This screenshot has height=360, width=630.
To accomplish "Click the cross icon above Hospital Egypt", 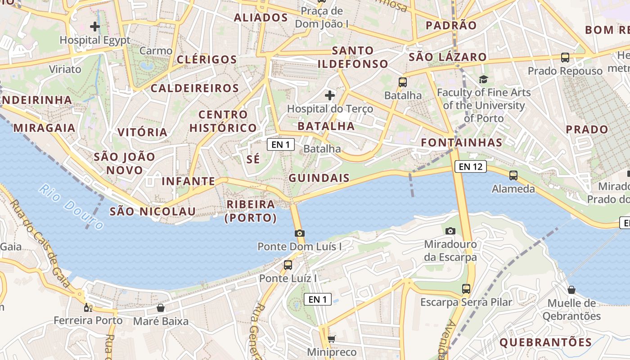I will point(95,27).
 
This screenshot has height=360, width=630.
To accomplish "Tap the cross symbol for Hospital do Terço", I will point(330,95).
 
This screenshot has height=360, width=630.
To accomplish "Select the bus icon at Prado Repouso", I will point(565,58).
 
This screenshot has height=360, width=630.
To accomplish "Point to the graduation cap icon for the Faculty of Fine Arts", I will point(483,80).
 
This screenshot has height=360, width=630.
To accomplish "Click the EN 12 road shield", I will point(471,166).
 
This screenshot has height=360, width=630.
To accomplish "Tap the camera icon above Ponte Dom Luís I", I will point(300,233).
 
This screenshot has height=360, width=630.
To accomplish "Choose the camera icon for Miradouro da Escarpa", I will point(450,231).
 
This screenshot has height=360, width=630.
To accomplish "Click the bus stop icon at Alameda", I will point(513,175).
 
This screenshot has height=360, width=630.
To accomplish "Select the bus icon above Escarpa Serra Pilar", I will point(466,289).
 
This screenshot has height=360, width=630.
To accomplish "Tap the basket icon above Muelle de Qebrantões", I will point(571,290).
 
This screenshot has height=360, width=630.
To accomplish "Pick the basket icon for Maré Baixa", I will point(161,308).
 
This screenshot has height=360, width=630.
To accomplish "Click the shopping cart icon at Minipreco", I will point(332,339).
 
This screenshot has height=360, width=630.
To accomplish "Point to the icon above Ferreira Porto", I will point(88,308).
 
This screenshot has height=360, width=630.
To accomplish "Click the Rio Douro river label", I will point(71,206).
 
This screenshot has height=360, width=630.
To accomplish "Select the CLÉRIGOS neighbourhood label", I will point(207,59).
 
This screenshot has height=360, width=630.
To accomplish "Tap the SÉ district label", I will point(253,159).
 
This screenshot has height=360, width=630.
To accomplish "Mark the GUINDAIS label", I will point(319,178).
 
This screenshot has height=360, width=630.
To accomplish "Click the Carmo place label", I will point(156,51).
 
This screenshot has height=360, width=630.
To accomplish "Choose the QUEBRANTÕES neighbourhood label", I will point(546,342).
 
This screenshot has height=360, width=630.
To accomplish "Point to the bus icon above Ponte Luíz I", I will point(288,265).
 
